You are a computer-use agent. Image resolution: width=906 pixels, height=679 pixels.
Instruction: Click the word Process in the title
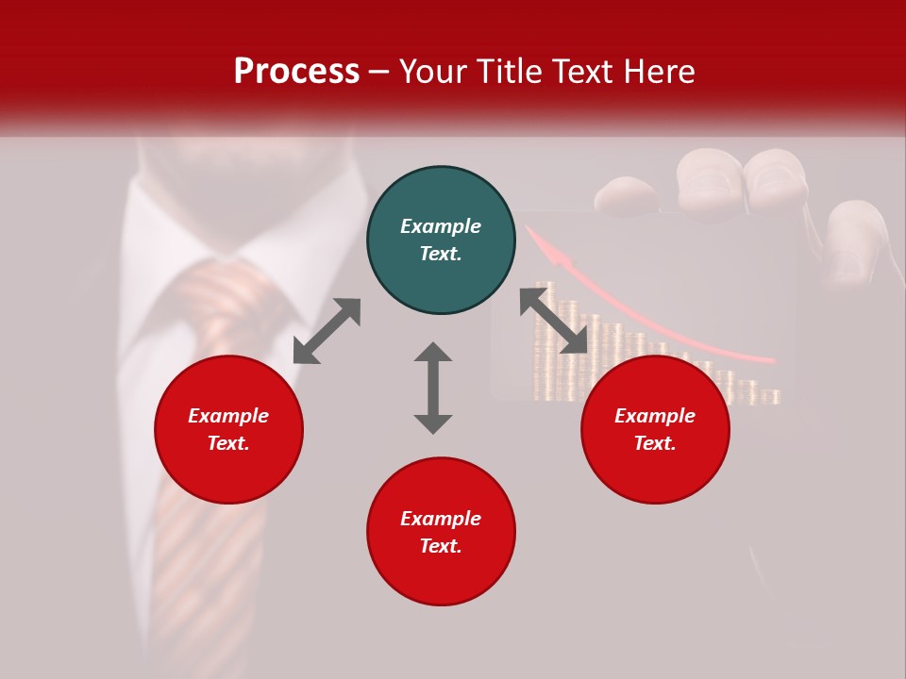296,72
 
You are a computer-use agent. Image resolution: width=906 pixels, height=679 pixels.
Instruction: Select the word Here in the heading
657,72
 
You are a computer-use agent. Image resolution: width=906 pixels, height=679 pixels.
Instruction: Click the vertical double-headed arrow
433,388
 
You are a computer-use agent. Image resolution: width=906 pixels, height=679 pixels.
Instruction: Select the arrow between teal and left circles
327,331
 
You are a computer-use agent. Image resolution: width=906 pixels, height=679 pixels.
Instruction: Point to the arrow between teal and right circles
554,321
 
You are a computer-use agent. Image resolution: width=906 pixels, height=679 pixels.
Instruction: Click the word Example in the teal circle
441,226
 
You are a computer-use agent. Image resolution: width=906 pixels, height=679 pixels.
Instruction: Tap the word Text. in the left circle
228,443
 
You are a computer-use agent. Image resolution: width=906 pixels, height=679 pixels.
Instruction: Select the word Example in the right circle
655,416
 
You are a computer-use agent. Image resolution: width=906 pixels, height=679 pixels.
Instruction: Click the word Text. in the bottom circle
441,546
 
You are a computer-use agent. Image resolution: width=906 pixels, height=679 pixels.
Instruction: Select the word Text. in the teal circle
441,254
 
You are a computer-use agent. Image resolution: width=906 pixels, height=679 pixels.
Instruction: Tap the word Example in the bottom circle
441,519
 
